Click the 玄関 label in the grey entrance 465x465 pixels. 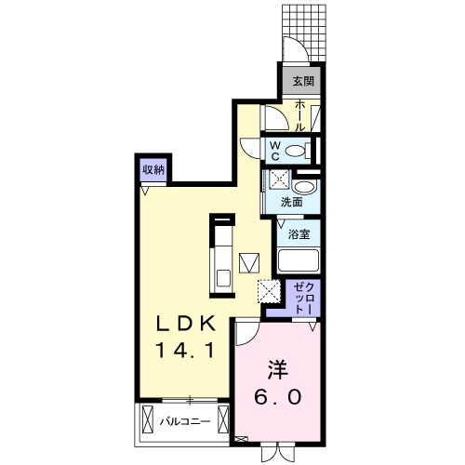[303, 81]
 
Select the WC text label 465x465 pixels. [276, 151]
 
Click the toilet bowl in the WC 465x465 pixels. [297, 151]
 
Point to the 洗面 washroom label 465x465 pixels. [291, 201]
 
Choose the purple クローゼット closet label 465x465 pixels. [304, 296]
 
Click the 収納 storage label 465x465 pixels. [153, 169]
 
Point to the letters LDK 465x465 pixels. [185, 325]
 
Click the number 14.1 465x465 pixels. [185, 352]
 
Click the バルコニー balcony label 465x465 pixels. [181, 421]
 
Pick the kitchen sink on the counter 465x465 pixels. [223, 275]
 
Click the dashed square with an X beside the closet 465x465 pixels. [268, 292]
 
